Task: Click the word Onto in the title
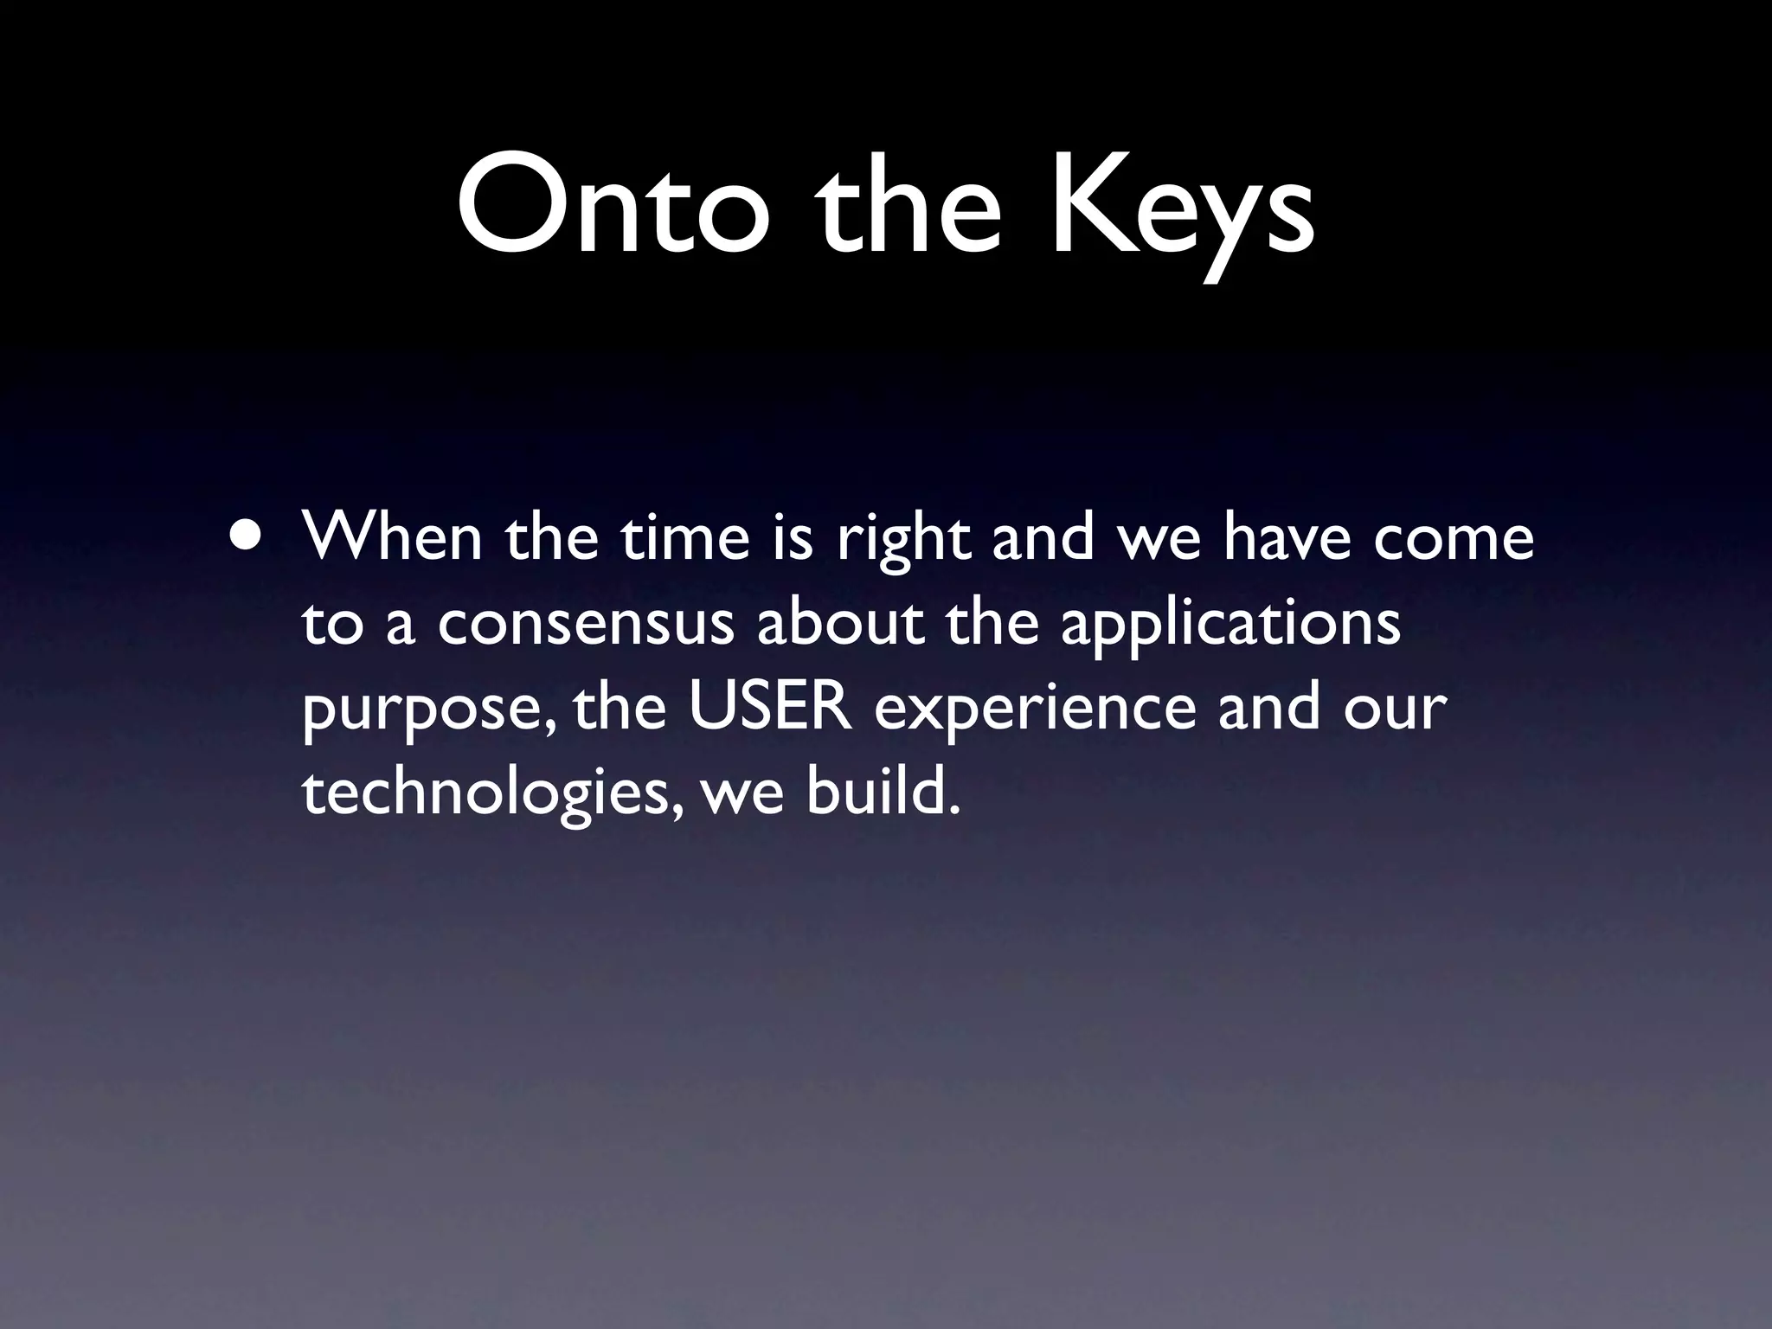point(613,208)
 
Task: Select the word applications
point(1229,627)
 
